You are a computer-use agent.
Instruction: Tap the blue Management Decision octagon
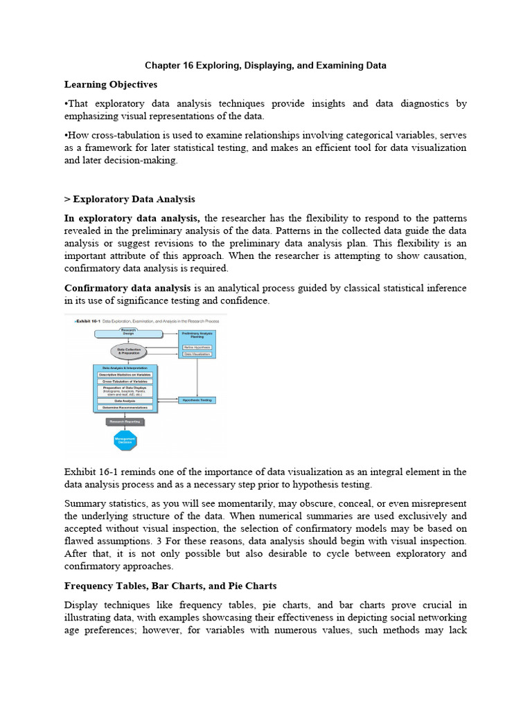126,440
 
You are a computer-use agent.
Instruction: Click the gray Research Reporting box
126,421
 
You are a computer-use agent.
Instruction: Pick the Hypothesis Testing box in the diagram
197,400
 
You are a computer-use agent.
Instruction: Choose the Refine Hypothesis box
197,347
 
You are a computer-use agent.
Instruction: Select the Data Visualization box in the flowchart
197,354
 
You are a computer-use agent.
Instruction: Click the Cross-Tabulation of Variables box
125,382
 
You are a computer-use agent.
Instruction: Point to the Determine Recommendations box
125,407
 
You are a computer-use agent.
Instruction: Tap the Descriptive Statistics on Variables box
125,375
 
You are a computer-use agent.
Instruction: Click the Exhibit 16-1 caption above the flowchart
145,320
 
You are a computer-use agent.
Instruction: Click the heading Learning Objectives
111,84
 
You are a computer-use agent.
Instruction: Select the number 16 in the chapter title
187,65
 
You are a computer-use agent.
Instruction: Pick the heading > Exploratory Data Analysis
130,199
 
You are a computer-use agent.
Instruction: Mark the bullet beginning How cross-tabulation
66,136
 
